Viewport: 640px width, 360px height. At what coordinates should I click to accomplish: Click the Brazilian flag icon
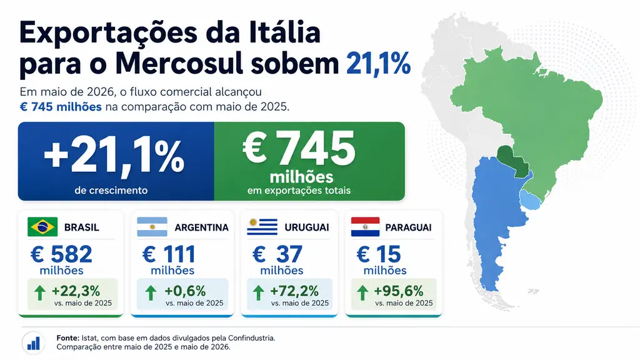point(42,227)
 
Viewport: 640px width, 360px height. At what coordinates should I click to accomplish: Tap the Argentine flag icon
point(152,227)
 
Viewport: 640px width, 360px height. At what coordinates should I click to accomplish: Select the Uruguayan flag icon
point(262,227)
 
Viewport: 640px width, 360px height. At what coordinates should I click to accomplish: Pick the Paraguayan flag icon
point(365,227)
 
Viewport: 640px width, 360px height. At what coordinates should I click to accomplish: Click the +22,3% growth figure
point(76,291)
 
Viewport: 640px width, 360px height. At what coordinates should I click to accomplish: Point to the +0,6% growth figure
point(185,291)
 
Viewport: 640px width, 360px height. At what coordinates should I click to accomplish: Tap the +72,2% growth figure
point(294,291)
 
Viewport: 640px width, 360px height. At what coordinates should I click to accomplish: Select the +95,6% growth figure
point(398,291)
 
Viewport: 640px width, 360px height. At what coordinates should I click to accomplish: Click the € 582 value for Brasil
point(61,254)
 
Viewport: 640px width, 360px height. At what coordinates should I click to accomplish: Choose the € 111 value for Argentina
point(169,254)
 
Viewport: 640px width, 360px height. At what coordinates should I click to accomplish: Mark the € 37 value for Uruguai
point(277,254)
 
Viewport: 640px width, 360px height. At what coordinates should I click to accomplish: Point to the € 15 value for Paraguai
point(378,254)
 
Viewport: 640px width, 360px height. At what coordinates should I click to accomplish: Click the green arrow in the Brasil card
point(40,293)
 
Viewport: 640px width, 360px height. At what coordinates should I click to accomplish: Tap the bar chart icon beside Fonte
point(34,343)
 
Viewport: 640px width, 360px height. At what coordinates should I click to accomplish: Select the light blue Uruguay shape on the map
point(530,199)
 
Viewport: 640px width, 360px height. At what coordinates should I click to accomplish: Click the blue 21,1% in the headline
point(378,64)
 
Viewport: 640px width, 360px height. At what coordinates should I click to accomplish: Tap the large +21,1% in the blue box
point(114,157)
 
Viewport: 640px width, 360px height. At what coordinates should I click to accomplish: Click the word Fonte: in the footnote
point(67,338)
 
